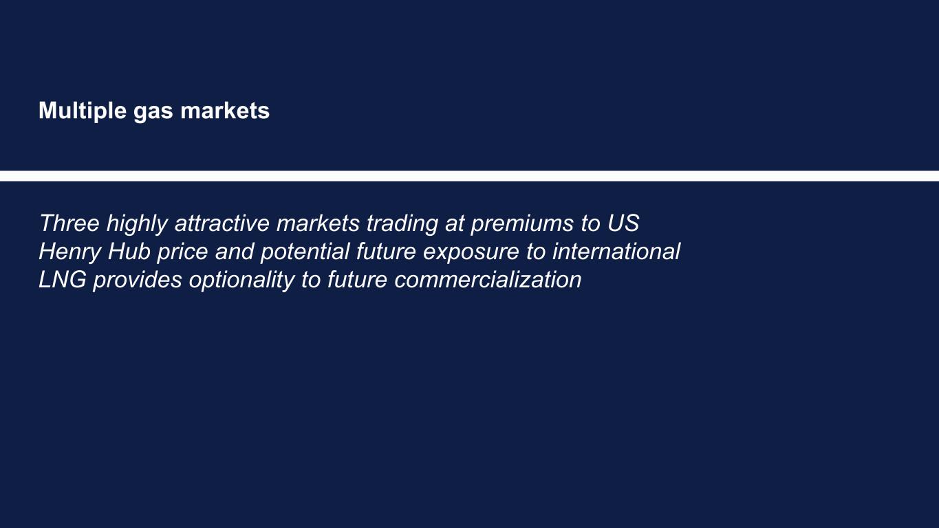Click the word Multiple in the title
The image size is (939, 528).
coord(83,111)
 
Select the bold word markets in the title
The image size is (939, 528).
coord(225,111)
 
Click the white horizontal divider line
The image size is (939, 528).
coord(469,176)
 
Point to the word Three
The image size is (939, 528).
coord(69,223)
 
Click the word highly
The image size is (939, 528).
coord(137,225)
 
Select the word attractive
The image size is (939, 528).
coord(222,223)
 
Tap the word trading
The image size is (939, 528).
coord(402,225)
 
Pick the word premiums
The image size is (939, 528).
coord(521,225)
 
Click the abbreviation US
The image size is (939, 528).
coord(623,223)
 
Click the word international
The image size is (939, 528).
coord(616,252)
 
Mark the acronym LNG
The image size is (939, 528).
coord(63,280)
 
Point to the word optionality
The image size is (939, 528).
coord(242,281)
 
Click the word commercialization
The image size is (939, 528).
coord(488,280)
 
